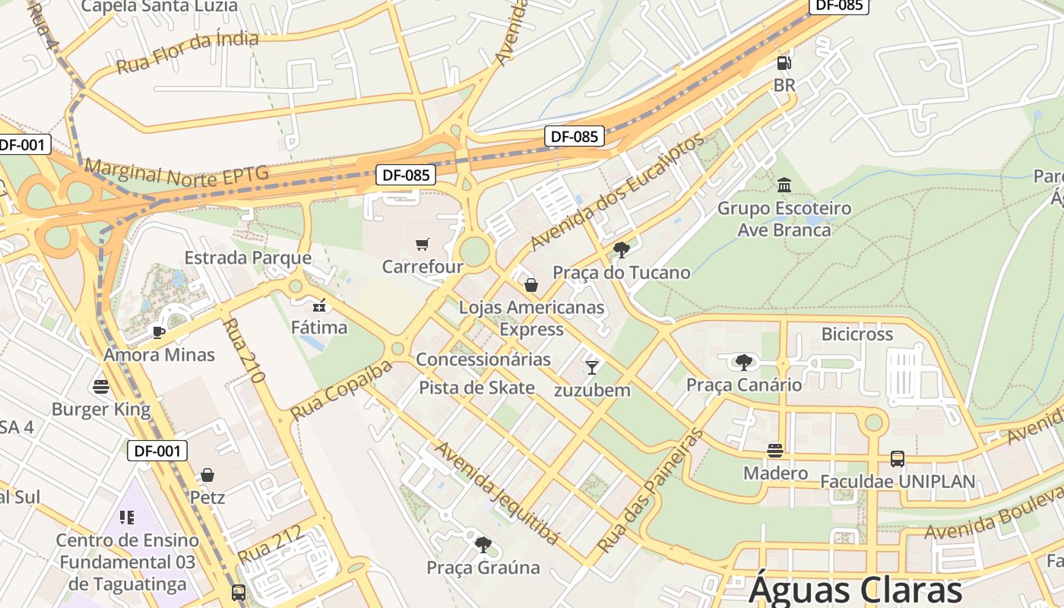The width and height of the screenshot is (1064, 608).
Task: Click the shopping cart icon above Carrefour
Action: (423, 244)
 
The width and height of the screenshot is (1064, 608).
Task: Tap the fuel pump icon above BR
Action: (784, 63)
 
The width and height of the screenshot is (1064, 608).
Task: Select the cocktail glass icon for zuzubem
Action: (592, 368)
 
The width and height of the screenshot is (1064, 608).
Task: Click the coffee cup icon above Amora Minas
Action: (158, 332)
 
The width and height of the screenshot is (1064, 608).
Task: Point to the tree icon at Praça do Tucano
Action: (621, 249)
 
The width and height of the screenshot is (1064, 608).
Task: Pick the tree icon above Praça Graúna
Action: (483, 544)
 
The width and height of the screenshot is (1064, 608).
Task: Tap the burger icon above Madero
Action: (775, 451)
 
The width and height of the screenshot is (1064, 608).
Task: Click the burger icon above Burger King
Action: (101, 387)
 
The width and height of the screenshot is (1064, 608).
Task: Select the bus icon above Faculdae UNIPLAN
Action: (898, 458)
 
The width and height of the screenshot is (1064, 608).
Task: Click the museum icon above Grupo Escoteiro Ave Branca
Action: (784, 185)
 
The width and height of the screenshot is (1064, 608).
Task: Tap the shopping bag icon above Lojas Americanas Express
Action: (531, 285)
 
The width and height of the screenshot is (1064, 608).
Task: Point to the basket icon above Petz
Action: (207, 475)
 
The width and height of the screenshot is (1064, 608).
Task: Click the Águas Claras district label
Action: (856, 591)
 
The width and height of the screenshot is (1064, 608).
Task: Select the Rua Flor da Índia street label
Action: (187, 52)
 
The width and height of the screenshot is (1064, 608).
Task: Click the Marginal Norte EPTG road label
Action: (176, 171)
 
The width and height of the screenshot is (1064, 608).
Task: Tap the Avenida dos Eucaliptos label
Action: (617, 192)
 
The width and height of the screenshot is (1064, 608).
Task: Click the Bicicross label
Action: (857, 334)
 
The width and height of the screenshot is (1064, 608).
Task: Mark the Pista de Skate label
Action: (477, 388)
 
